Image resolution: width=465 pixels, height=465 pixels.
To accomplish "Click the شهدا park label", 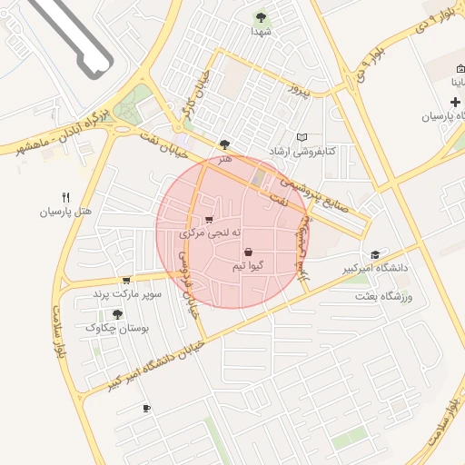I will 262,31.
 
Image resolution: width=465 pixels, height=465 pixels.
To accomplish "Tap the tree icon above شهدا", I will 262,17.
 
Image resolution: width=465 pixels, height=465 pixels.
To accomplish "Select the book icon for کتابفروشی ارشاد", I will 302,136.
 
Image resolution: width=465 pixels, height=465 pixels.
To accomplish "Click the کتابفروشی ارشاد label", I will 302,151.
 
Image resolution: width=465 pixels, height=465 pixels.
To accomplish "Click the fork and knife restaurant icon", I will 65,197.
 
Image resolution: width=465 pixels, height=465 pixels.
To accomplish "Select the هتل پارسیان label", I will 65,212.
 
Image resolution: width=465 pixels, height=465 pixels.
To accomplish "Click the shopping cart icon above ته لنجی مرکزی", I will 211,219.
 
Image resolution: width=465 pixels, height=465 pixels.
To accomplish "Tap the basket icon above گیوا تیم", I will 248,252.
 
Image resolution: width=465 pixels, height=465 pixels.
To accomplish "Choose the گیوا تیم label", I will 248,265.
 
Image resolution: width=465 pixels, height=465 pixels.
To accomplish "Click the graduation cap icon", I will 375,254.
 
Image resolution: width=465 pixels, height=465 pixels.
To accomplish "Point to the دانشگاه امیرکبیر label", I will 374,270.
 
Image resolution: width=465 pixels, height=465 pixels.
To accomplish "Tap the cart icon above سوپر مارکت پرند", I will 125,280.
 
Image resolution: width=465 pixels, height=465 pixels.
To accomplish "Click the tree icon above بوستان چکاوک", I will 117,314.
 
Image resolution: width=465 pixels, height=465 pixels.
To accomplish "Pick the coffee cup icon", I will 146,409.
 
